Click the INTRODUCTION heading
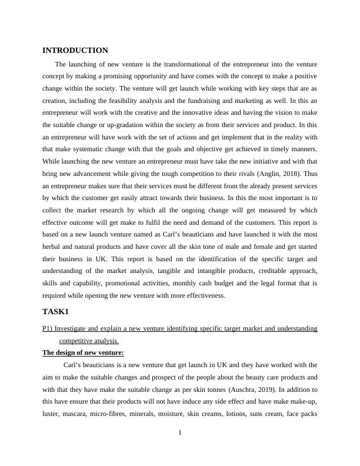[75, 51]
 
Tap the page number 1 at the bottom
[180, 434]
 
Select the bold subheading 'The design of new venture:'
[83, 352]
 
